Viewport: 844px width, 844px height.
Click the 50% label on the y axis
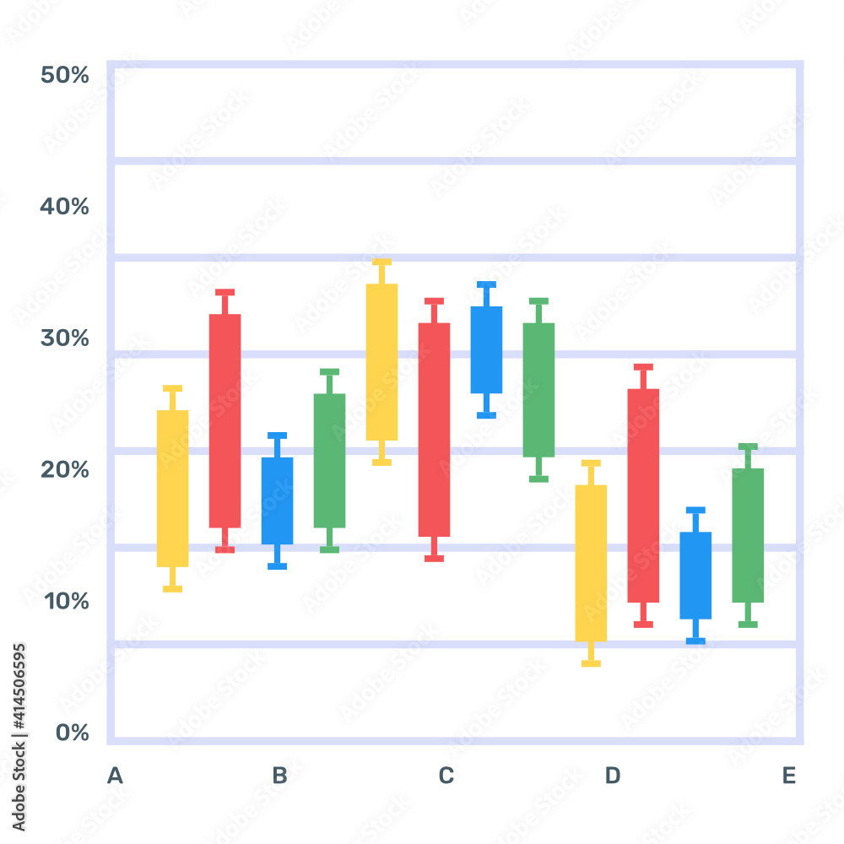65,75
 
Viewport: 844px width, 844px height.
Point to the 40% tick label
65,206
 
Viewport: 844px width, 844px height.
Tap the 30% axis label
65,338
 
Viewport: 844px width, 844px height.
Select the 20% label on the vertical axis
65,469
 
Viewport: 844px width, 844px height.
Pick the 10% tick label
65,601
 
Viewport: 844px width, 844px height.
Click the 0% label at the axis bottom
72,733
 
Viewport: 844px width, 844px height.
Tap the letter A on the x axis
115,776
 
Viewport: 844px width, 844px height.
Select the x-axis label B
279,776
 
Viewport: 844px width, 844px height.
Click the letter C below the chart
446,776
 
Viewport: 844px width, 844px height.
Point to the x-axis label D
613,776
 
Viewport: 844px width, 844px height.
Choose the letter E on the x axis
788,776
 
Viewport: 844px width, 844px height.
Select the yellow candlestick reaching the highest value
381,361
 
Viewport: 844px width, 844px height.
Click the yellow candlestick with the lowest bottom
591,562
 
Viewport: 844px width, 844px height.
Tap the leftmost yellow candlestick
172,488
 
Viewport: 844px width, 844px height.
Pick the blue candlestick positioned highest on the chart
486,349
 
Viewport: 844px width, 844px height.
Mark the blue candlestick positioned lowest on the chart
695,575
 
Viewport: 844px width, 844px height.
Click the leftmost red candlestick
225,420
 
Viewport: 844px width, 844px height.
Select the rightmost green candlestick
748,535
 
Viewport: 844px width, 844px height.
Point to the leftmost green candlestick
329,460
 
